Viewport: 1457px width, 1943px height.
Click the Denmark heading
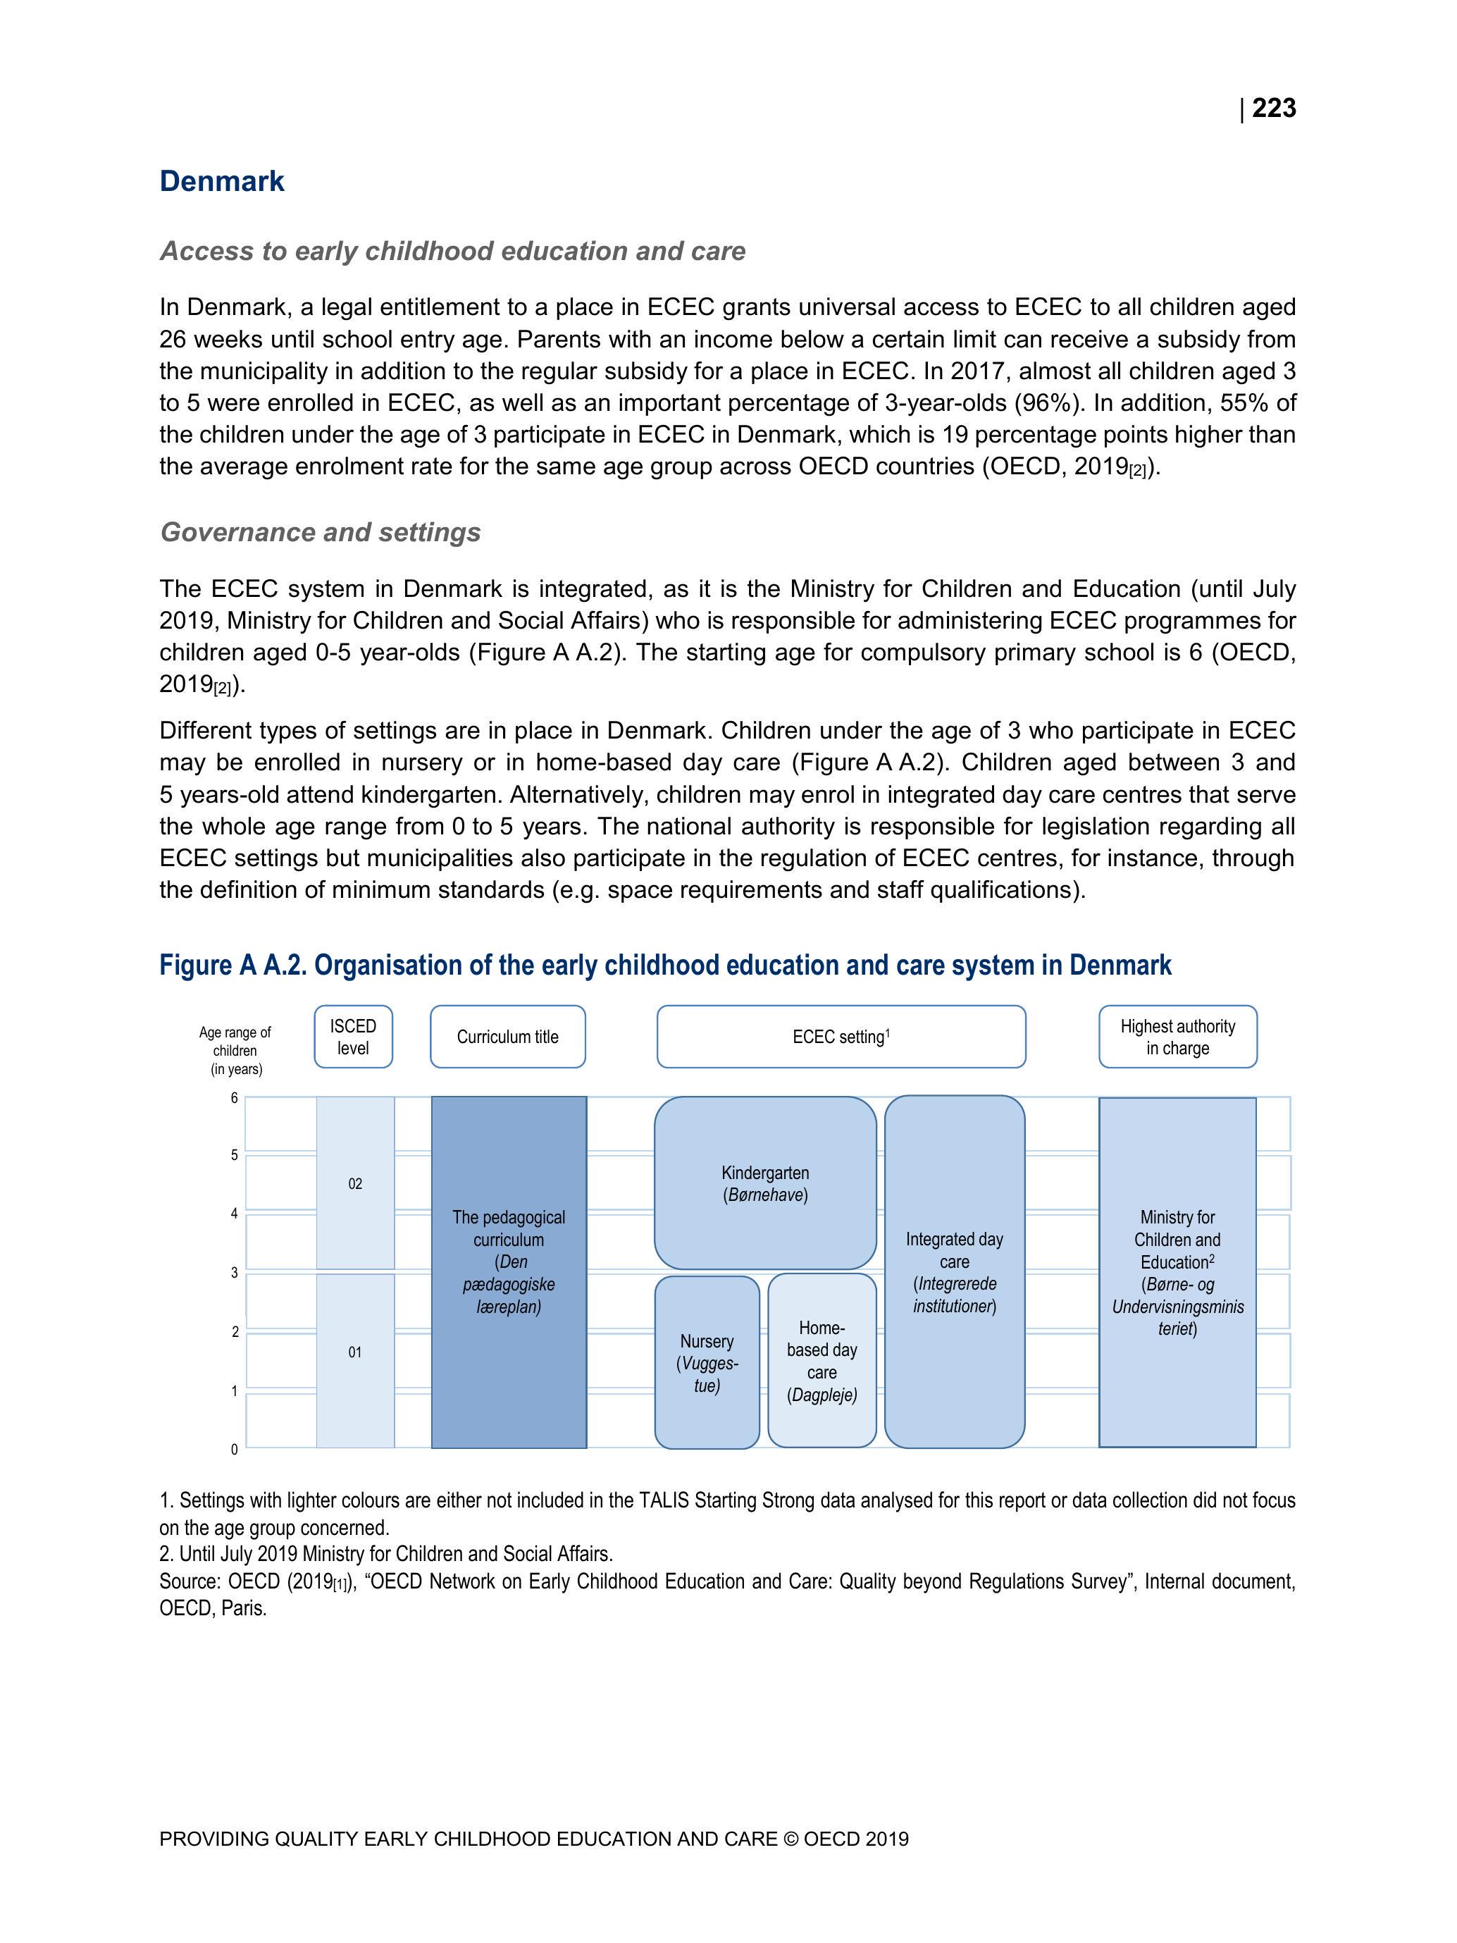pos(222,181)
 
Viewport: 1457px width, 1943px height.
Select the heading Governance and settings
pos(320,532)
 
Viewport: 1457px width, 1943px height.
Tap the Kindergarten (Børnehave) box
pos(765,1183)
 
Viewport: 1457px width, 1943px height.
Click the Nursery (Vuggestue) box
pos(707,1362)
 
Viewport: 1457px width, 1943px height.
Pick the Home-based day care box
pos(822,1361)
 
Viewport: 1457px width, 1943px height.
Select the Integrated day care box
pos(955,1271)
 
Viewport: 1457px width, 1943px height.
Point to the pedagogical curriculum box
pos(509,1271)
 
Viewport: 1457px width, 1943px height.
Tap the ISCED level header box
pos(353,1037)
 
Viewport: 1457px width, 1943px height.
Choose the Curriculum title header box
pos(507,1037)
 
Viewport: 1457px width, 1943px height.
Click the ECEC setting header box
pos(841,1037)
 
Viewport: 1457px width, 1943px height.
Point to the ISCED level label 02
pos(355,1184)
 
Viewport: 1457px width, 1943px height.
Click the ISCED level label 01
pos(355,1352)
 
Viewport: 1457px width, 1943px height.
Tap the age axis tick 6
pos(235,1098)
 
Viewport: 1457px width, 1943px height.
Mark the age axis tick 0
pos(235,1450)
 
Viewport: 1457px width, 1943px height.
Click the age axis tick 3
pos(235,1273)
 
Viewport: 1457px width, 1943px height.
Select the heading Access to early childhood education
pos(452,251)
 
